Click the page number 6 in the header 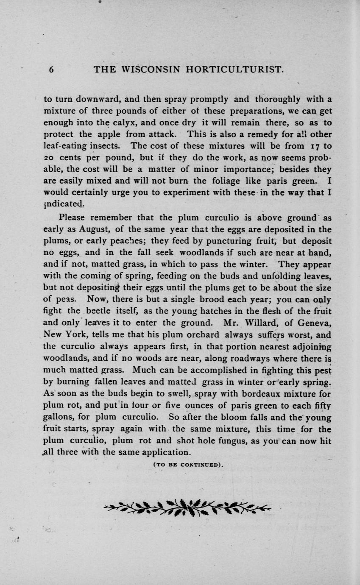click(51, 70)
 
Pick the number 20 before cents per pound click(50, 158)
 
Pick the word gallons click(59, 417)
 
